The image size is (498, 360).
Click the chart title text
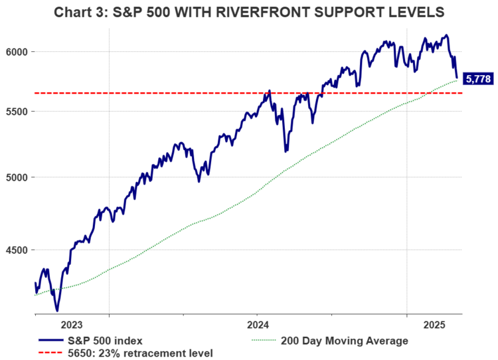coord(249,13)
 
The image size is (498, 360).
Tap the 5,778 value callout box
coord(478,79)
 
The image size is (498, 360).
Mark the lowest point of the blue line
coord(57,310)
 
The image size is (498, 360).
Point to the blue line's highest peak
coord(446,35)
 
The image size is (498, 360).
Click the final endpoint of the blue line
coord(457,77)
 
